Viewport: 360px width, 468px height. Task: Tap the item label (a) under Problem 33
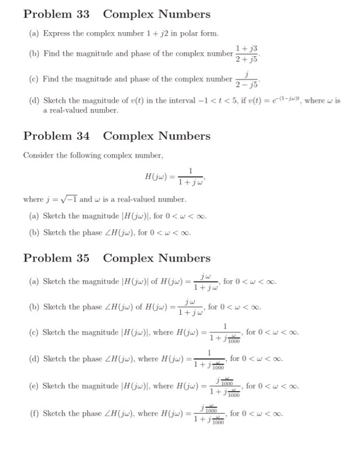[x=33, y=33]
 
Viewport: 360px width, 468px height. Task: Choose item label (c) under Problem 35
[x=33, y=332]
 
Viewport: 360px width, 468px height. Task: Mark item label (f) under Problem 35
[x=33, y=413]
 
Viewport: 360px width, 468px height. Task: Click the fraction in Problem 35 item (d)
[x=208, y=360]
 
